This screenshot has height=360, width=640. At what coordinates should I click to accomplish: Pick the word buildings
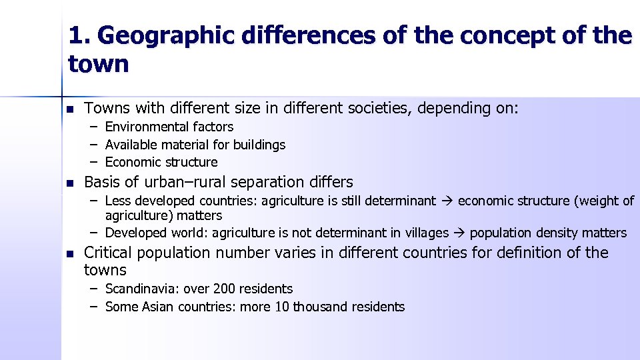coord(259,145)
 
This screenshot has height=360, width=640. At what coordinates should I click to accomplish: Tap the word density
coord(553,233)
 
